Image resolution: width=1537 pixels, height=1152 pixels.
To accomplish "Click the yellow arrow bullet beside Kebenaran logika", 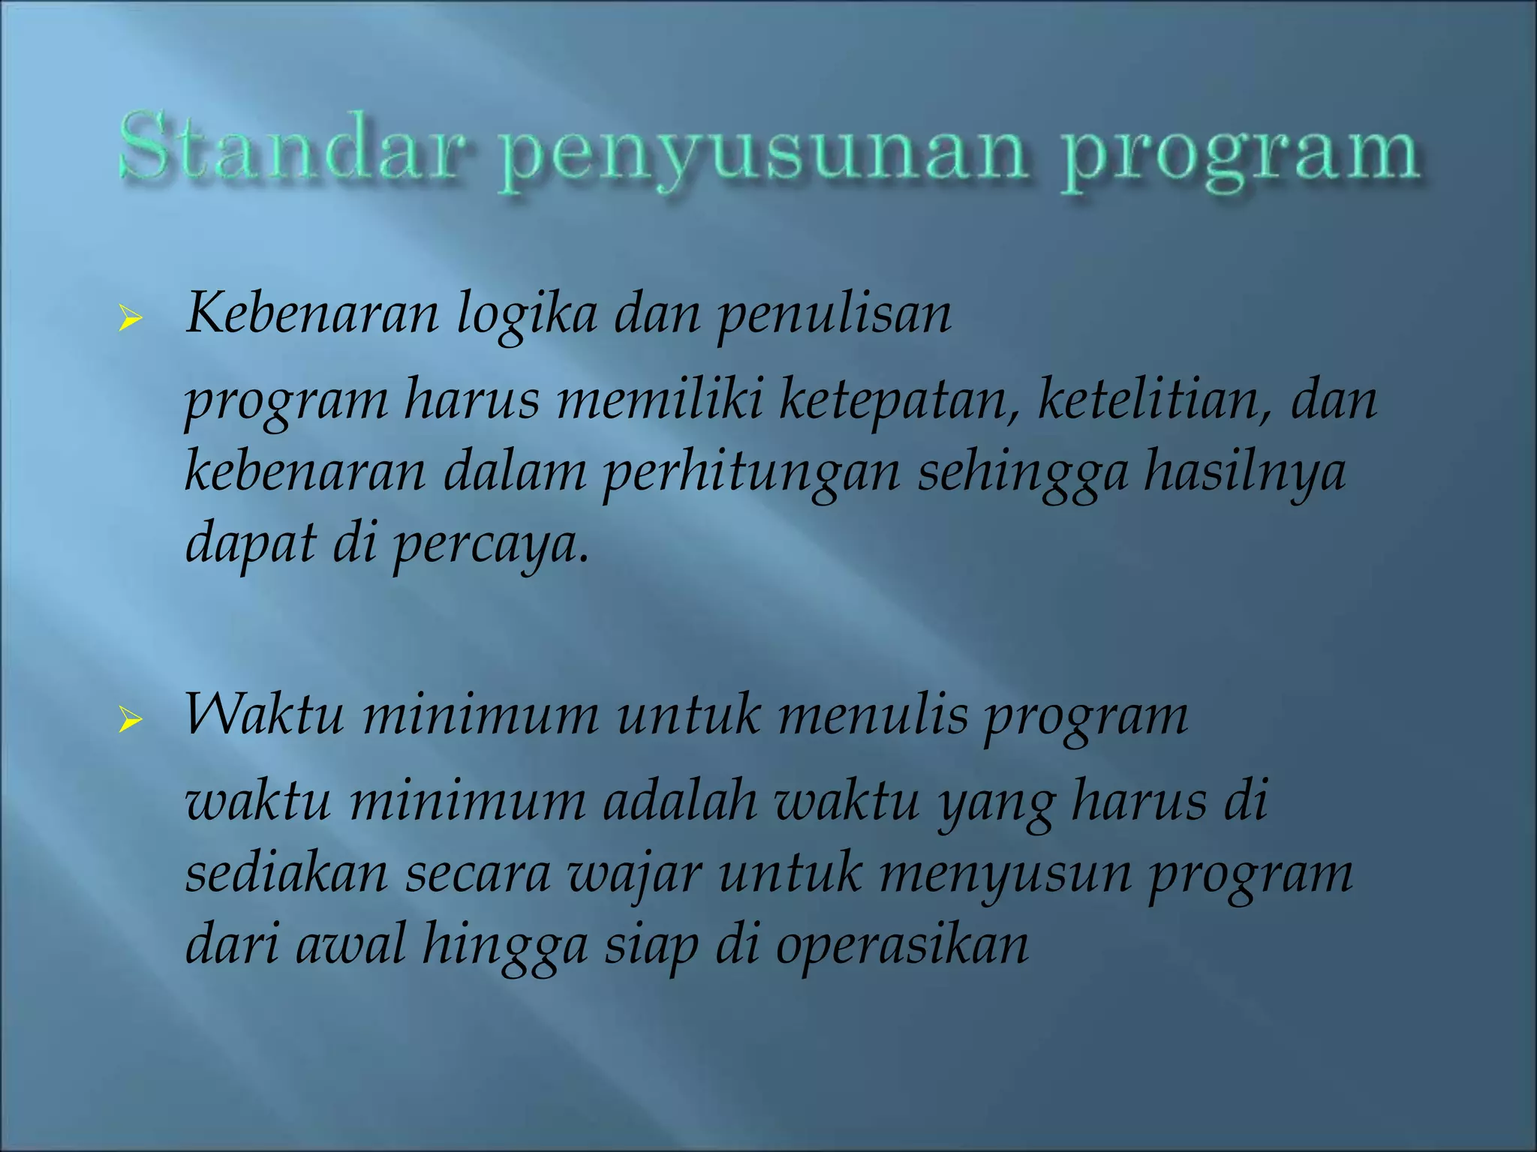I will (x=130, y=318).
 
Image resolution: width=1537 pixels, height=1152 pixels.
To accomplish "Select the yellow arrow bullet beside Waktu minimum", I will (x=130, y=721).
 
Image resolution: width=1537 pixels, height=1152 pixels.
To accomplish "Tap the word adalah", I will (x=680, y=801).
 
